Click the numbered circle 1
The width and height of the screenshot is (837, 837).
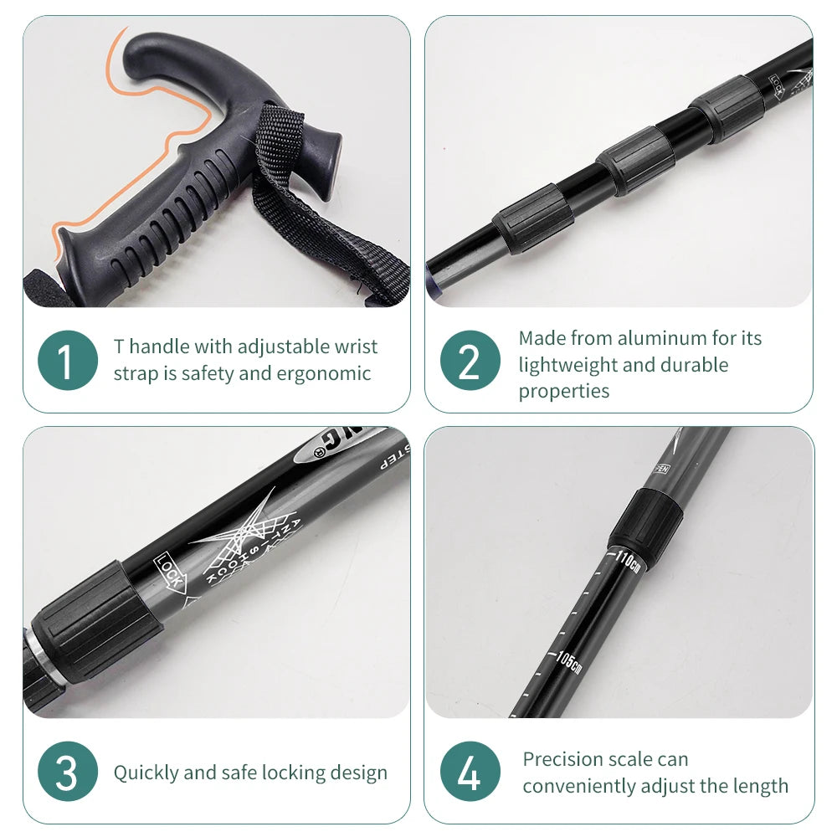[x=67, y=360]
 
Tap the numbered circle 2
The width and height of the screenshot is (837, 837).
[x=470, y=360]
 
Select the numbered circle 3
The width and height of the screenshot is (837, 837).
[x=67, y=772]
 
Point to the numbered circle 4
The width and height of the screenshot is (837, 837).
[x=470, y=772]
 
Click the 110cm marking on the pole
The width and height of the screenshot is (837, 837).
[x=629, y=560]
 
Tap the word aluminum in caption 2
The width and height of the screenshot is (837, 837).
[x=662, y=338]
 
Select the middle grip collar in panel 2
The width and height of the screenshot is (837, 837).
[x=635, y=160]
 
